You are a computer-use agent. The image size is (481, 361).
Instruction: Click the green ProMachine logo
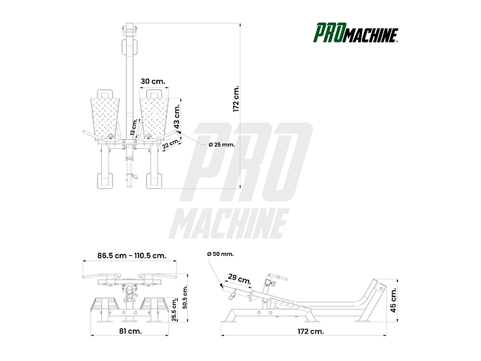click(356, 32)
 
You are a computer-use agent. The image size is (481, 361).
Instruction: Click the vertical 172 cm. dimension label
click(236, 99)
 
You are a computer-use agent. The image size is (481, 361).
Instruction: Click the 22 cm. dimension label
click(170, 145)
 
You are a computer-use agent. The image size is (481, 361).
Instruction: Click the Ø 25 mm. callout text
click(221, 144)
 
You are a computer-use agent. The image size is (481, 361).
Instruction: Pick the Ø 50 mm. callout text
click(220, 254)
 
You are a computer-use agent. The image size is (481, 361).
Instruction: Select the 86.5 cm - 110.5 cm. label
click(132, 256)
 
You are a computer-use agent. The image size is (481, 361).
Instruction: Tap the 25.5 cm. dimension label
click(173, 309)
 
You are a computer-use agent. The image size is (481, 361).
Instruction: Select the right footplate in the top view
click(156, 114)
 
